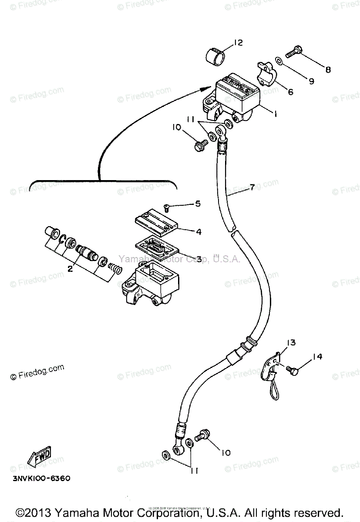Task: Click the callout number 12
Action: pyautogui.click(x=238, y=43)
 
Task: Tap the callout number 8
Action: pyautogui.click(x=328, y=69)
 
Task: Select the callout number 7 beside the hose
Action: pyautogui.click(x=252, y=187)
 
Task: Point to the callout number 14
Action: pyautogui.click(x=317, y=357)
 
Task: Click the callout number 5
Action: pyautogui.click(x=198, y=203)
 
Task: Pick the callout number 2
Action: pyautogui.click(x=70, y=269)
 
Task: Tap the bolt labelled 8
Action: pyautogui.click(x=295, y=53)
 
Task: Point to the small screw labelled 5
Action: pyautogui.click(x=166, y=207)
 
